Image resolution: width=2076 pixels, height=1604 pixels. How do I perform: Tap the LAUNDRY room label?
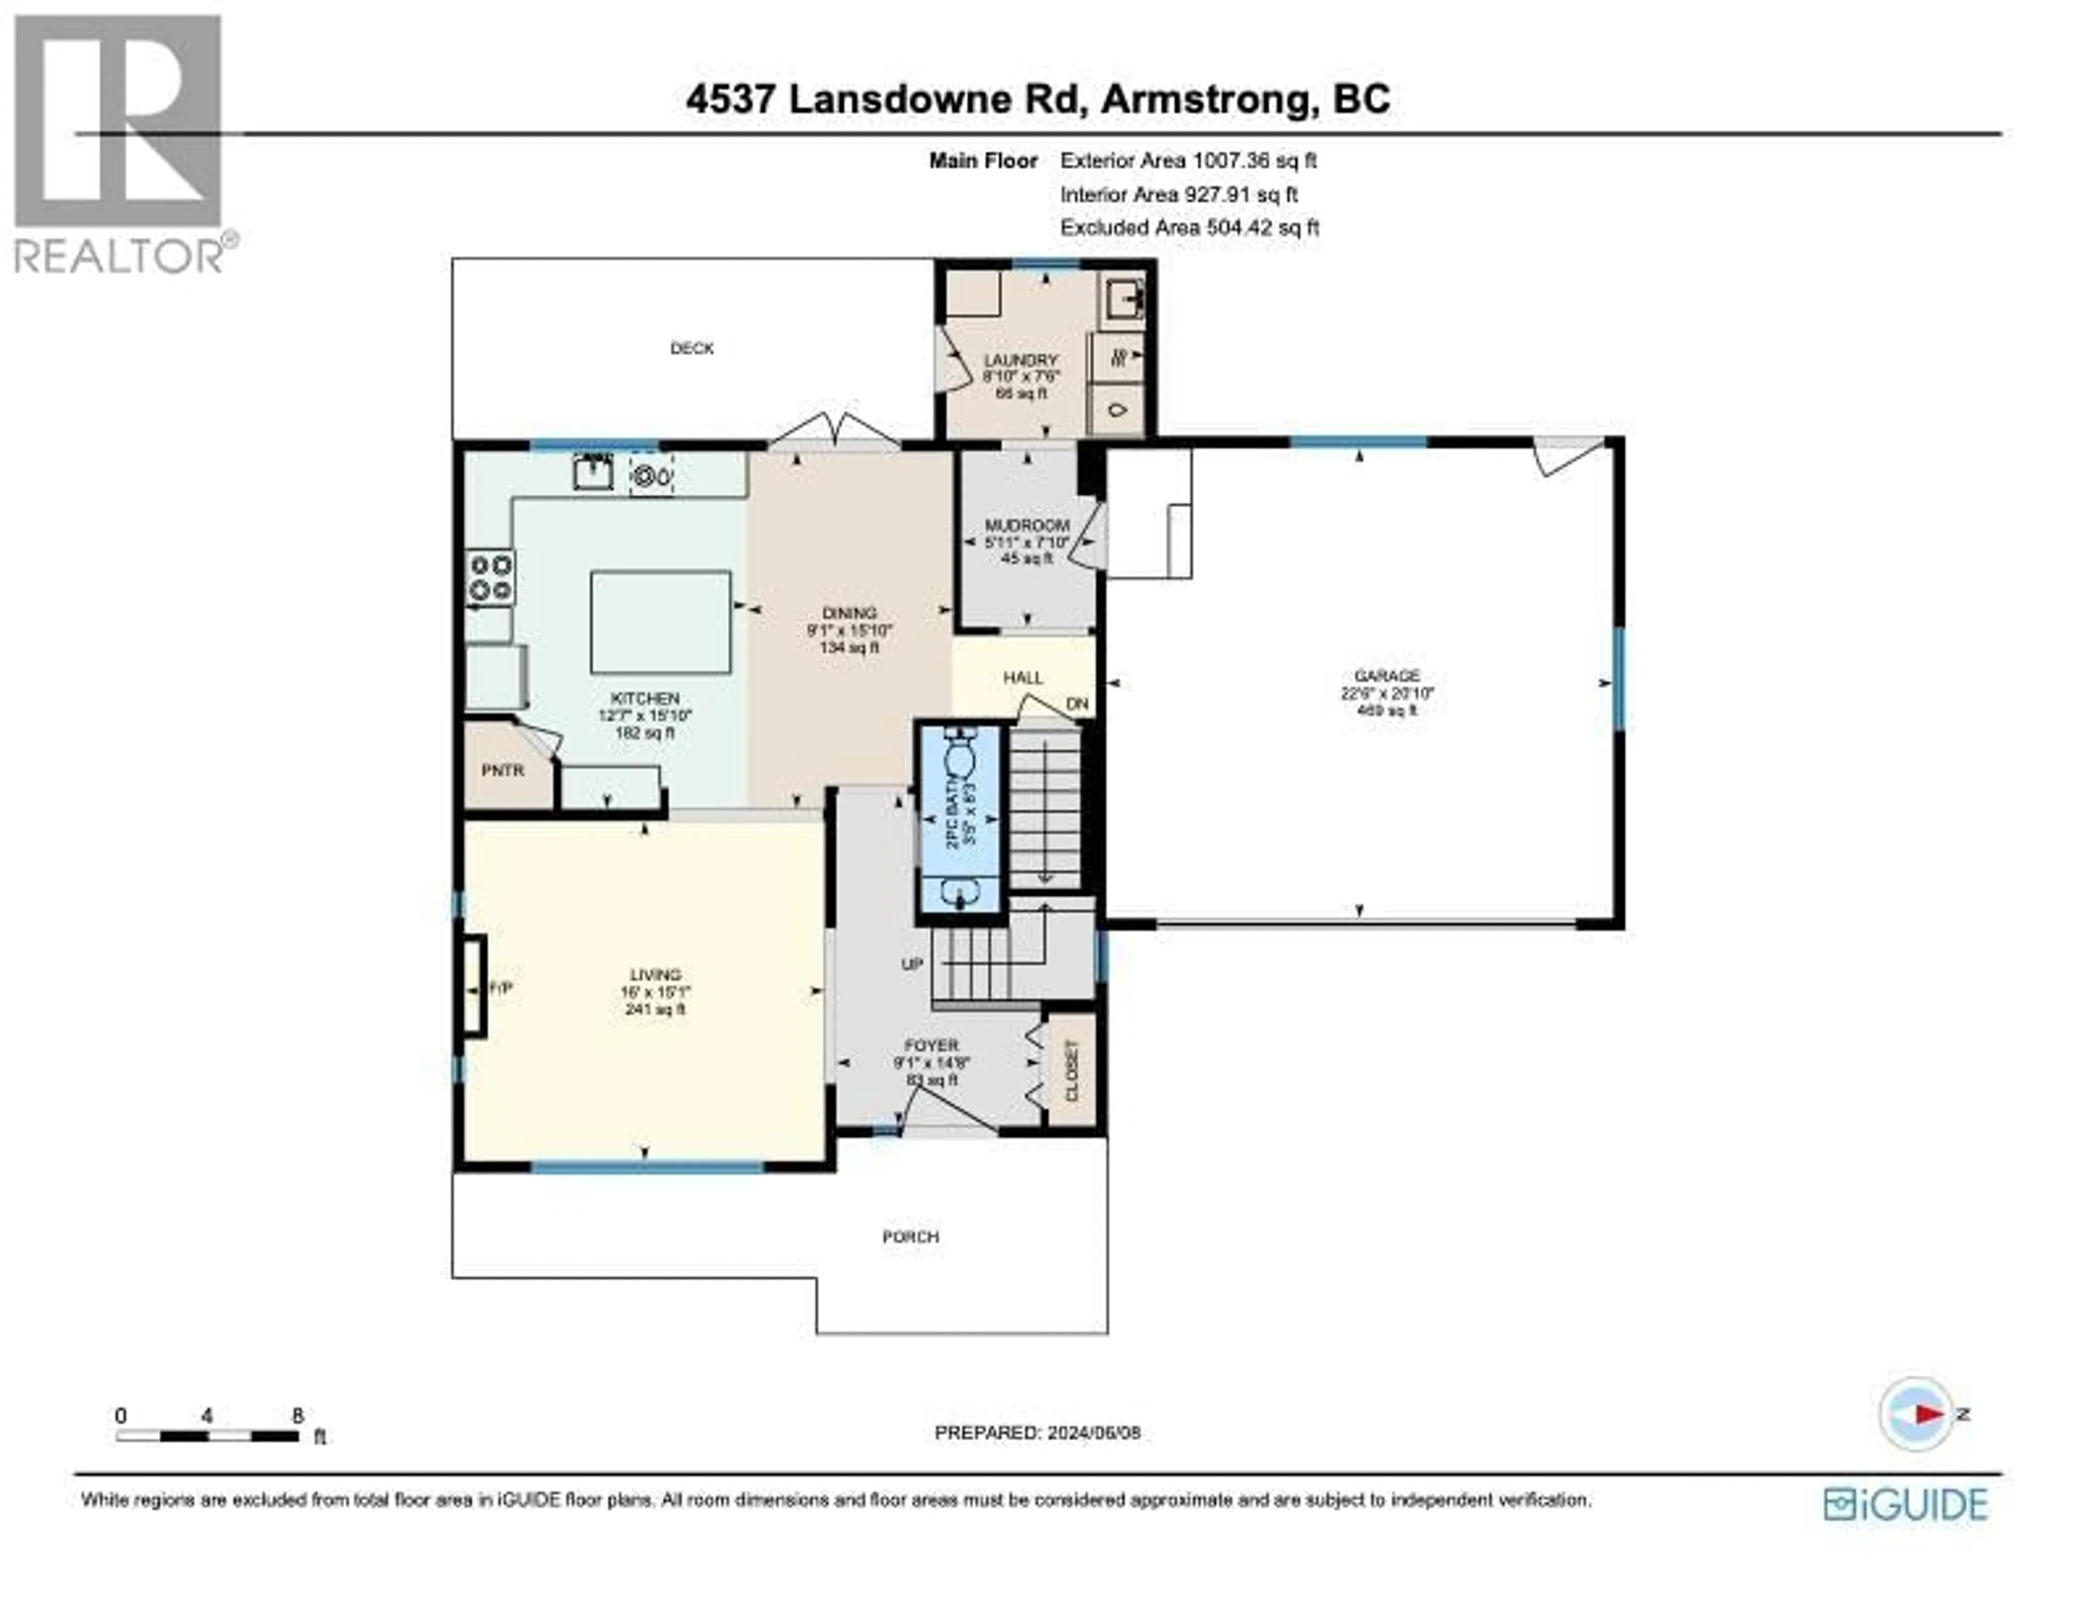(1020, 361)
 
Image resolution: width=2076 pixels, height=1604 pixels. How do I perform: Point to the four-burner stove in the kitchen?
(490, 577)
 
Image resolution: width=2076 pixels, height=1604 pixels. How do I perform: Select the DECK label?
(692, 349)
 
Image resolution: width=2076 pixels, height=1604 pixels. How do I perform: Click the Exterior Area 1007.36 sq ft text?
(1188, 161)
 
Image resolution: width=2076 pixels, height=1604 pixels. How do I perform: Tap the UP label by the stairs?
(911, 964)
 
